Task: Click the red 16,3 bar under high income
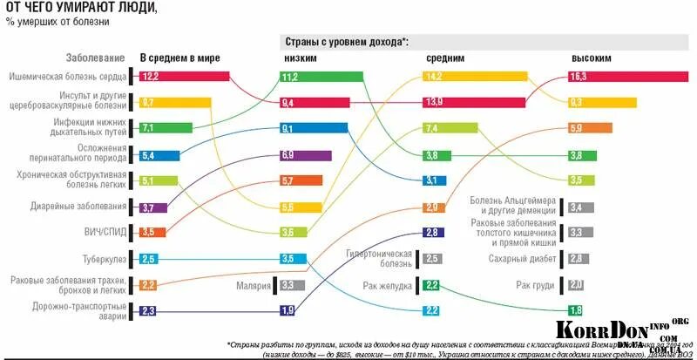coord(627,77)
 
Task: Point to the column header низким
coord(300,58)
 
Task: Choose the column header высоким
coord(591,58)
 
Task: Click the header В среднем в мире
coord(179,58)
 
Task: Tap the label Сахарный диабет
coord(523,259)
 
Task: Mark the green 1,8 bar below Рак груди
coord(575,311)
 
